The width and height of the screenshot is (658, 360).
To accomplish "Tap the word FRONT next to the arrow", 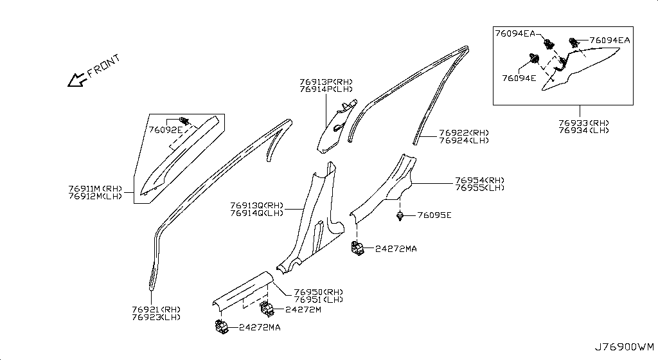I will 104,66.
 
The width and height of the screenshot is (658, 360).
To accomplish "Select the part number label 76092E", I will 165,129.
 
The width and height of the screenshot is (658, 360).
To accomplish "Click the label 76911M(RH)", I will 91,189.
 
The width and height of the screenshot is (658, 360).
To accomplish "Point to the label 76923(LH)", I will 156,317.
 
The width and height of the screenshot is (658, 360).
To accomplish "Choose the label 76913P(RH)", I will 326,82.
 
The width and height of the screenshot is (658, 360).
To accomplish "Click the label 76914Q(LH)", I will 256,213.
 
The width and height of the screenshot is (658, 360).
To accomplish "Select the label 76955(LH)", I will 479,188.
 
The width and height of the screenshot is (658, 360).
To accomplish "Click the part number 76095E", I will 434,215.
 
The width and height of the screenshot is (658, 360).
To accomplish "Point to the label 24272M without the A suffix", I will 303,309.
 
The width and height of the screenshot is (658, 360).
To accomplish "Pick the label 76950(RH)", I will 319,292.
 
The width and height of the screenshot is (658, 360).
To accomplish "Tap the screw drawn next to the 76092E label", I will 184,120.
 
